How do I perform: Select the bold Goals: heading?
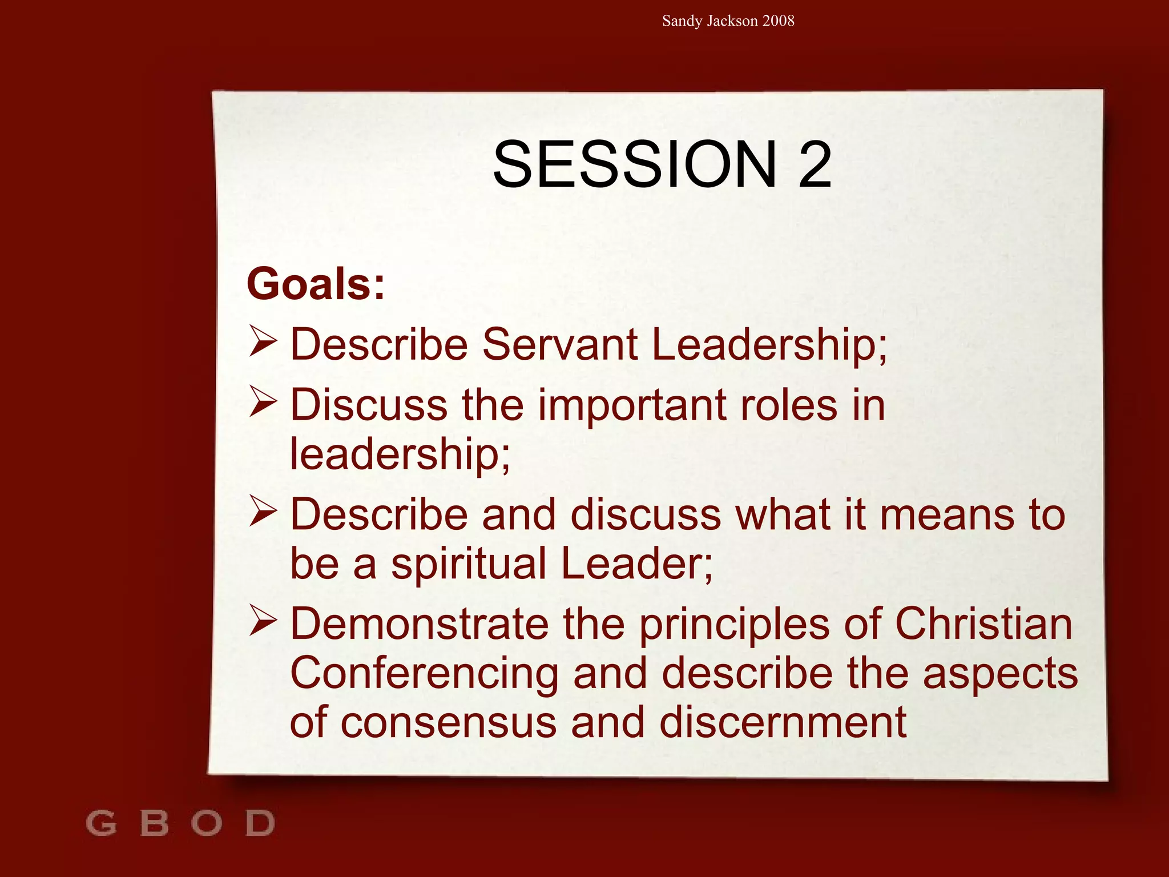tap(316, 284)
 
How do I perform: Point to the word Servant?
tap(560, 344)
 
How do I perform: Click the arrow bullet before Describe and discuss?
tap(263, 510)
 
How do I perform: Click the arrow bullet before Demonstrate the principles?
tap(263, 621)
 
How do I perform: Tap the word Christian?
tap(983, 624)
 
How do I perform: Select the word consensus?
tap(448, 722)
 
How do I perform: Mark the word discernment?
tap(783, 722)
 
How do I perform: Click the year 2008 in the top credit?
tap(778, 21)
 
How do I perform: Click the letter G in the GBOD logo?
tap(102, 823)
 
